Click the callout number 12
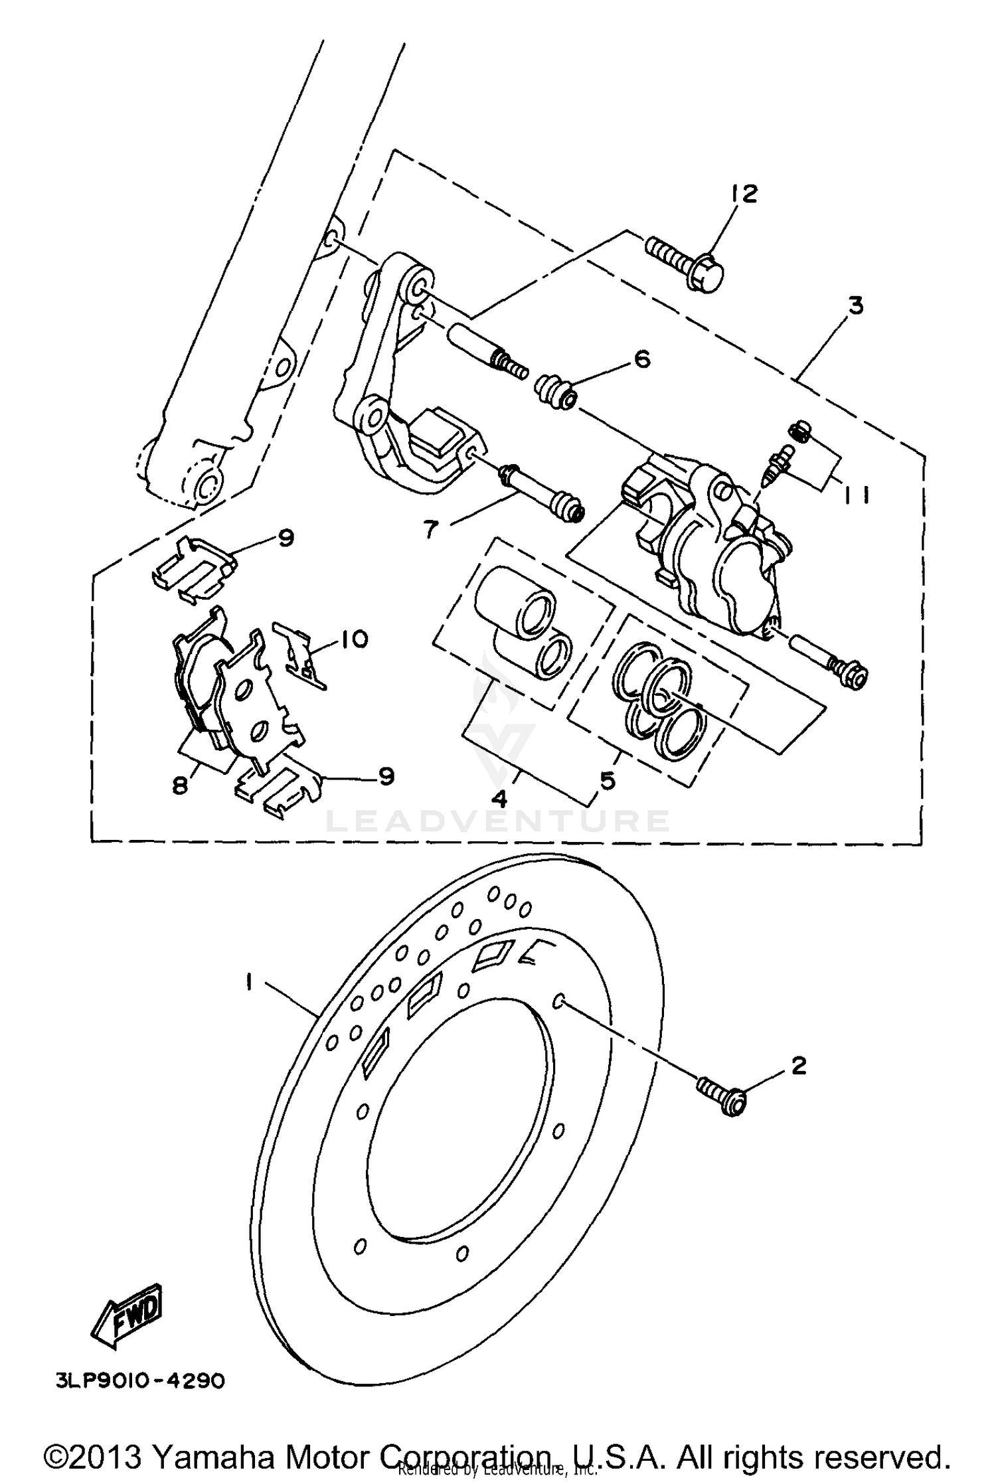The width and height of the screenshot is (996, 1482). (x=744, y=194)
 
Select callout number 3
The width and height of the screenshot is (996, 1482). (x=856, y=306)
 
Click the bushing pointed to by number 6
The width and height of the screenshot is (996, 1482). (x=555, y=392)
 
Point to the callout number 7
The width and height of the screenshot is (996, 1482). (x=431, y=529)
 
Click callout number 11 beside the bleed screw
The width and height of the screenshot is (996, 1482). (x=857, y=495)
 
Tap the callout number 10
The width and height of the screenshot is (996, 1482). (x=355, y=639)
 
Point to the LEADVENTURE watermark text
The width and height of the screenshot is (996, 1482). (x=498, y=821)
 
